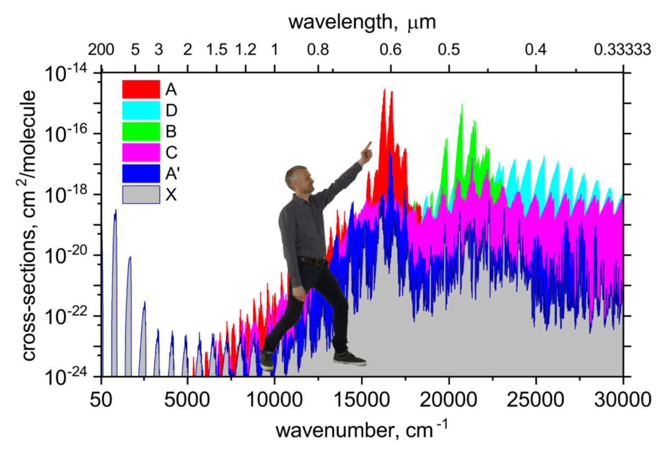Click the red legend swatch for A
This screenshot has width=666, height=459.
(141, 89)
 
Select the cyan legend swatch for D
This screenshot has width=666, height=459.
(141, 110)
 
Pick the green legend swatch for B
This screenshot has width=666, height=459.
(141, 131)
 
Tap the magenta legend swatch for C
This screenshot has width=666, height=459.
(141, 152)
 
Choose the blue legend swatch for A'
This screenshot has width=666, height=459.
(141, 173)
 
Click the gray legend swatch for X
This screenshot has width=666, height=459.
(141, 194)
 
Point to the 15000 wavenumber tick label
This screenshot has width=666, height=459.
(362, 399)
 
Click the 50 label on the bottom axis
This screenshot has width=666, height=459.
(101, 399)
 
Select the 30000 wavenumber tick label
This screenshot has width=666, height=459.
(622, 399)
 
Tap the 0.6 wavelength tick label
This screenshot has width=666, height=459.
(390, 49)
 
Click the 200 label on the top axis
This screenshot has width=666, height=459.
(101, 49)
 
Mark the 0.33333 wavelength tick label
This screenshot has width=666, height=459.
(622, 49)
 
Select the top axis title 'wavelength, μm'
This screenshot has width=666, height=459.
(362, 22)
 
